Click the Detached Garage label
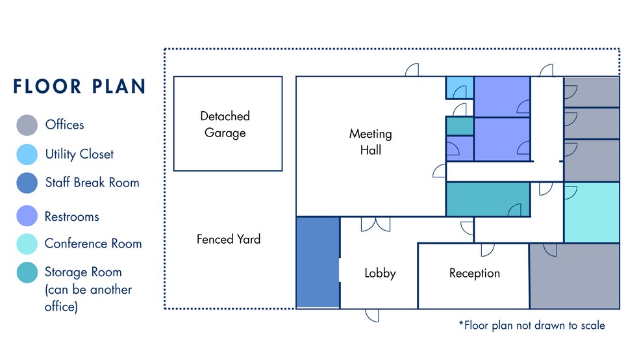point(225,124)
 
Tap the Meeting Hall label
point(370,142)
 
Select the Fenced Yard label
point(228,239)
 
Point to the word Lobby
point(380,273)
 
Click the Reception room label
point(474,273)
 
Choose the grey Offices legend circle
point(27,125)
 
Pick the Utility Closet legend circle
point(27,154)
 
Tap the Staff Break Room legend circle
point(27,183)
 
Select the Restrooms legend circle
point(27,216)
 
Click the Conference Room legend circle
point(27,244)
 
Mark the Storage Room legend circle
point(27,272)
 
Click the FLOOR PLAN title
point(79,86)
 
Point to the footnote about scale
point(531,326)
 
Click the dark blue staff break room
point(318,262)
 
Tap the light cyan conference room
point(592,212)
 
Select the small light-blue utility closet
point(459,88)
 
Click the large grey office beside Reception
point(575,276)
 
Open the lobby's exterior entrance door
point(372,315)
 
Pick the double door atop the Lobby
point(375,224)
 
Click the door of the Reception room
point(488,250)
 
